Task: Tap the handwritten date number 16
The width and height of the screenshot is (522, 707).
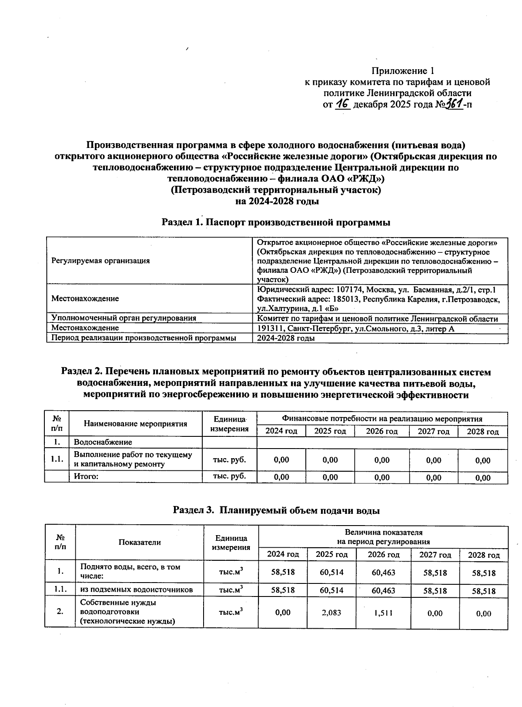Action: pyautogui.click(x=343, y=104)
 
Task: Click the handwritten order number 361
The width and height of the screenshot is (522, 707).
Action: pyautogui.click(x=453, y=104)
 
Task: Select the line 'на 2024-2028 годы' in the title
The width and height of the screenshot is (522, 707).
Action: pyautogui.click(x=277, y=201)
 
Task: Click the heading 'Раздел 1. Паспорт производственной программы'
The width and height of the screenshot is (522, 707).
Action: pyautogui.click(x=276, y=222)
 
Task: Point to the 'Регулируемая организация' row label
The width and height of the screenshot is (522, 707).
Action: pyautogui.click(x=100, y=261)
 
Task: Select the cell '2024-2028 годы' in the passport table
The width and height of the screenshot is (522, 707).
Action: pyautogui.click(x=286, y=338)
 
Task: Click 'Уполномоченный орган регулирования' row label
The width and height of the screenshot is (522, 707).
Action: pyautogui.click(x=124, y=318)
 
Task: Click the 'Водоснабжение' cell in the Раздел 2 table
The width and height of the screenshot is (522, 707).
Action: pyautogui.click(x=103, y=442)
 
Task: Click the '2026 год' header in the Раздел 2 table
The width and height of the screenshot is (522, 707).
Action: pyautogui.click(x=381, y=431)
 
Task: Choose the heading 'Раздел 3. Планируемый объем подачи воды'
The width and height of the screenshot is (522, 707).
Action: pyautogui.click(x=276, y=510)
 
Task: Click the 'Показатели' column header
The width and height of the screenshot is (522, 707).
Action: pyautogui.click(x=139, y=542)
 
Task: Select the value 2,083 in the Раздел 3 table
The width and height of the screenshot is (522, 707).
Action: pyautogui.click(x=331, y=612)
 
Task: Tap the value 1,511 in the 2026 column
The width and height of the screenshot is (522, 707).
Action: pyautogui.click(x=383, y=613)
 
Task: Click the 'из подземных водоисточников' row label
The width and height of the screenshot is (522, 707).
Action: pyautogui.click(x=136, y=590)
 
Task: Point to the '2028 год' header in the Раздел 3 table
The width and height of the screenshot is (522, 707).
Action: pyautogui.click(x=483, y=555)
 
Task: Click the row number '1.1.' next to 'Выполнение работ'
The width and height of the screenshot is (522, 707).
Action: pyautogui.click(x=57, y=459)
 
